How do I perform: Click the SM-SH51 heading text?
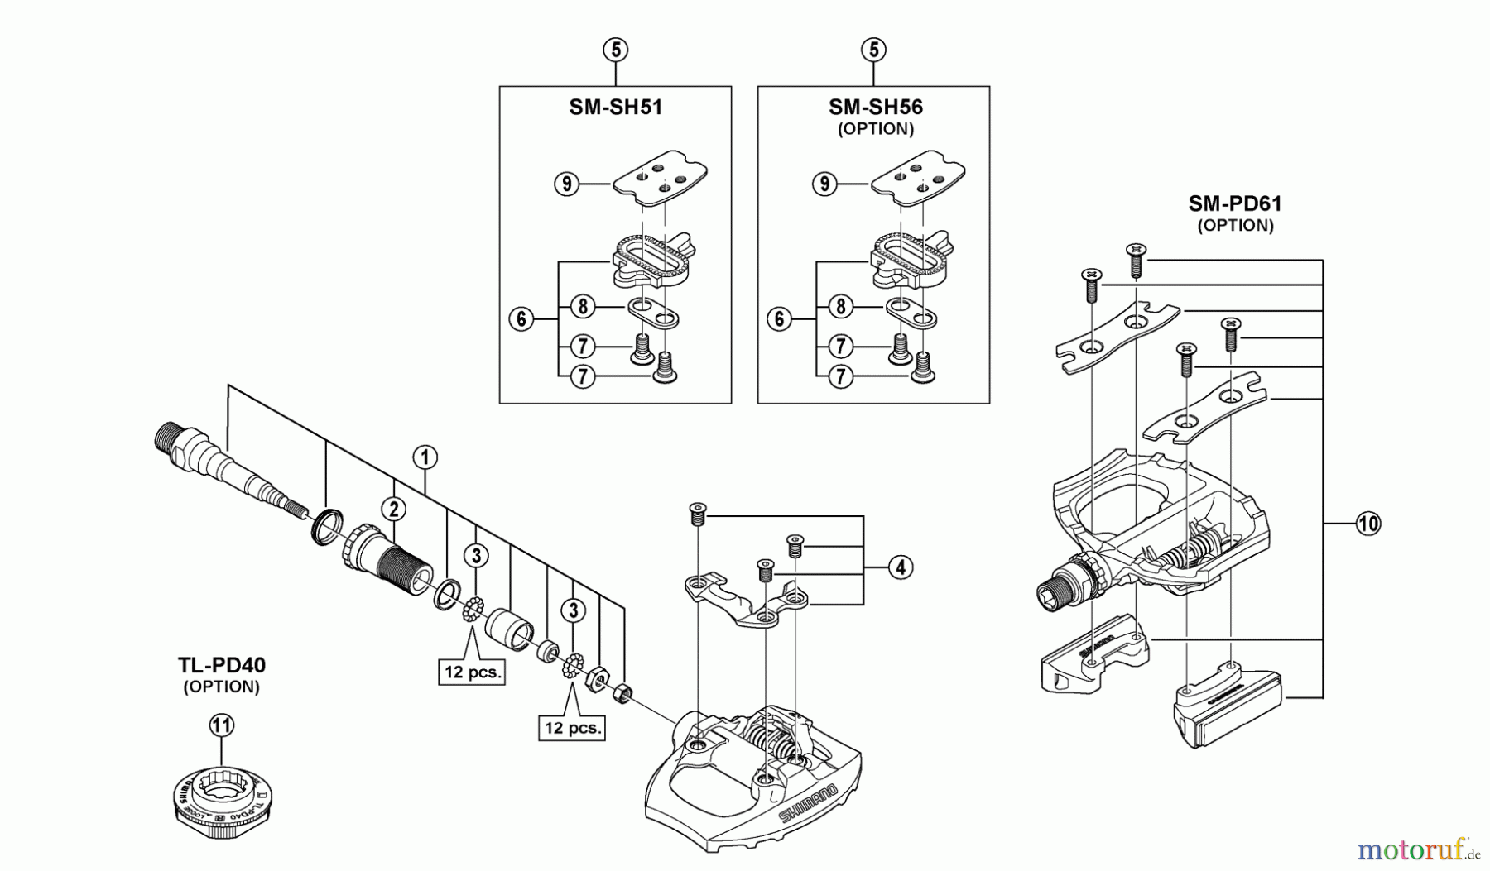point(615,108)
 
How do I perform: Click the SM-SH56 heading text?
point(875,108)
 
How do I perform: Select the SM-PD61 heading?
point(1235,203)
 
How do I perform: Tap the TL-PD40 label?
point(221,665)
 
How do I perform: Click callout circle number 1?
point(425,457)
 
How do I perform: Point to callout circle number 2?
point(393,509)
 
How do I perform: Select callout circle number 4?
point(901,567)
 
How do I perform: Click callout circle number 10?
point(1368,523)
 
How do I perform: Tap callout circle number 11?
point(221,725)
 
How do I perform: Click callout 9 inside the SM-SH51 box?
point(566,183)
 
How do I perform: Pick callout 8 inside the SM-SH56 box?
point(840,307)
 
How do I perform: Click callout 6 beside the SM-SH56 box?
point(779,318)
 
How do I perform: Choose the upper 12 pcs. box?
point(472,672)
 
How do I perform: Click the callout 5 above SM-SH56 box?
point(873,50)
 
